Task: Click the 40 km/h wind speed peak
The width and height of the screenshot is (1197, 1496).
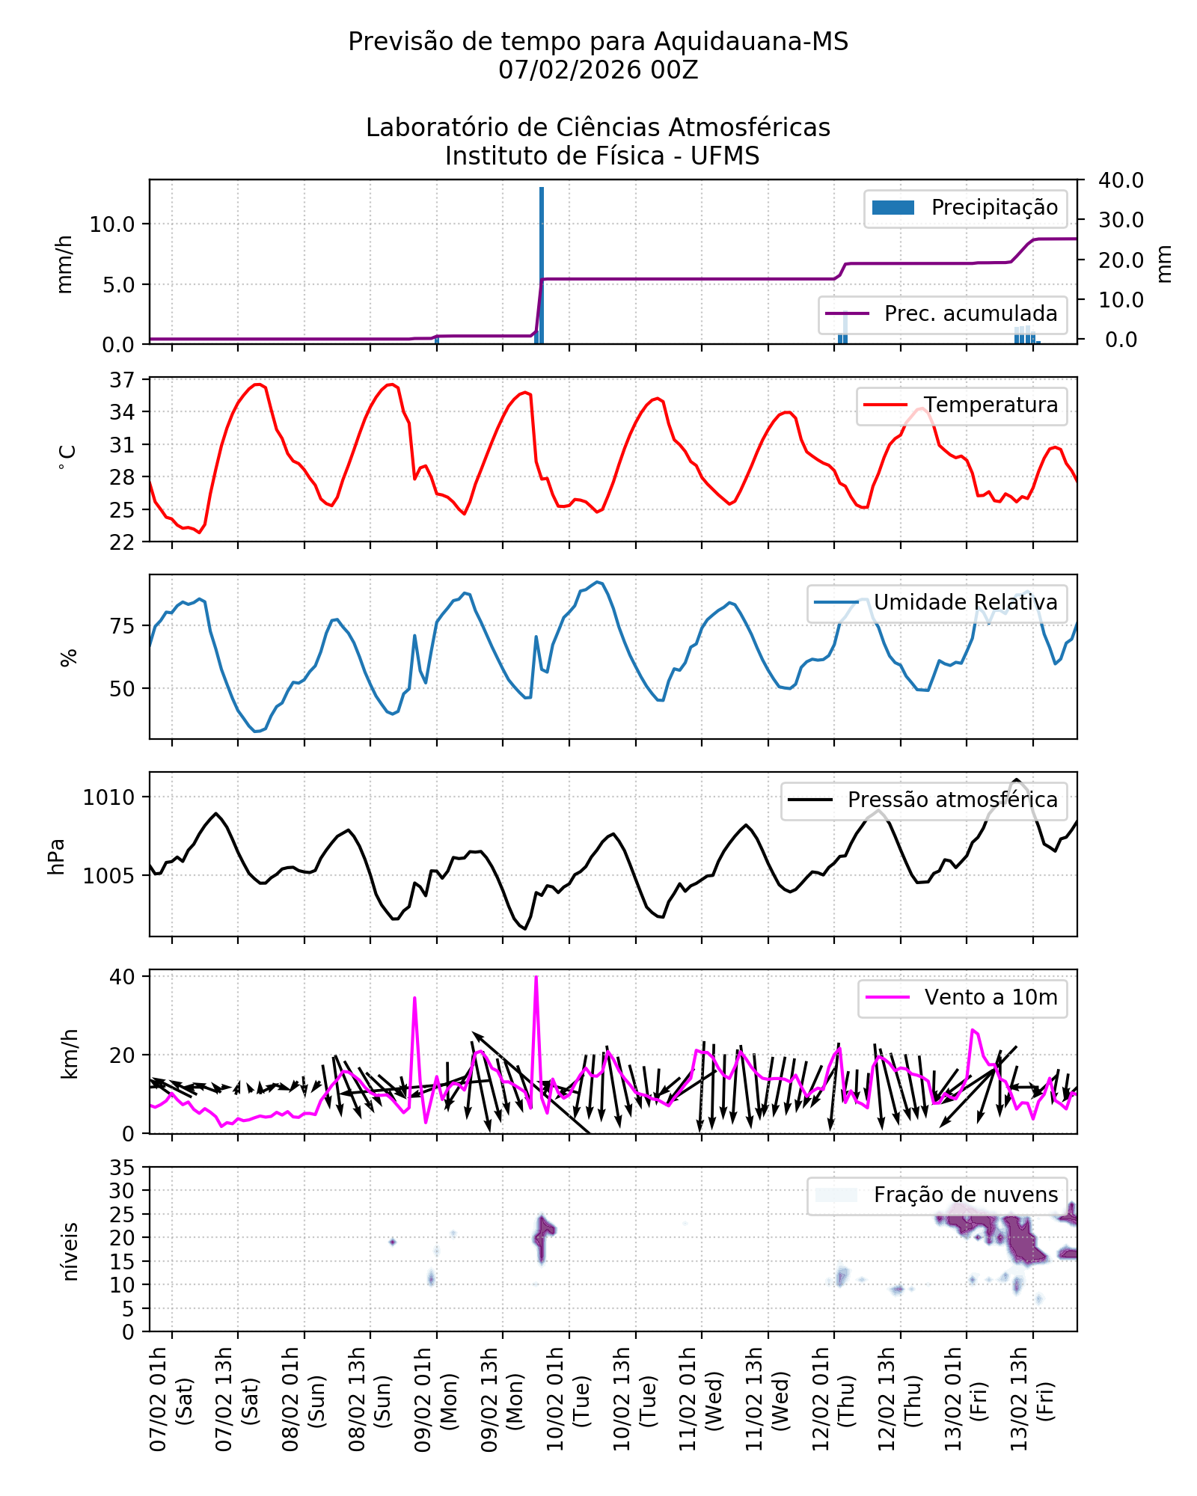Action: (536, 978)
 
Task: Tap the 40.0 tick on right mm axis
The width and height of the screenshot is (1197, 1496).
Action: (1121, 180)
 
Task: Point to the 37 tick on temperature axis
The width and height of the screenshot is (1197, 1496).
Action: (122, 380)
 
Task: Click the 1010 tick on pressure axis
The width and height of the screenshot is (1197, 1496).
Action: (109, 797)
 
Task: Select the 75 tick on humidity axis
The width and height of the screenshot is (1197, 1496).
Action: (122, 626)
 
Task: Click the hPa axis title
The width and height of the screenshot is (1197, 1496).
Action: (57, 856)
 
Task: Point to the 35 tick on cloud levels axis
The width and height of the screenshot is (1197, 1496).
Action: (122, 1168)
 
